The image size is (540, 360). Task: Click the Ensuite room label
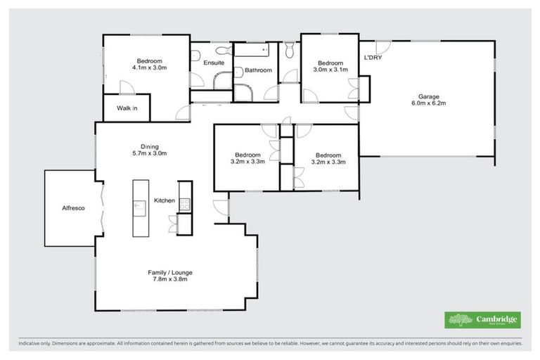[x=213, y=63]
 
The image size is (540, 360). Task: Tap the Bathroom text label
[x=258, y=70]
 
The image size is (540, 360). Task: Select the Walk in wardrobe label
[x=127, y=108]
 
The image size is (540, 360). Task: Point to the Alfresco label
[x=73, y=208]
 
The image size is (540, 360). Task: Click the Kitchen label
[x=165, y=201]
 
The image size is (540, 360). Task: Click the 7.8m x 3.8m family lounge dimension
[x=170, y=279]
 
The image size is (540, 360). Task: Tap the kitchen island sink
[x=140, y=205]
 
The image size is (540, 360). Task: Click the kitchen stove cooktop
[x=186, y=205]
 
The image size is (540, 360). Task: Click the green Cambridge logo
[x=484, y=320]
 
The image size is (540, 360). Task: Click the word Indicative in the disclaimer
[x=29, y=344]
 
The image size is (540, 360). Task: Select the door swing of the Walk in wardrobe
[x=126, y=87]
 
